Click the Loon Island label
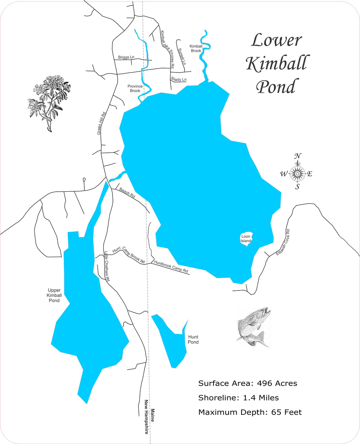pyautogui.click(x=246, y=239)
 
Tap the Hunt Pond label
pyautogui.click(x=193, y=339)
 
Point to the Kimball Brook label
pyautogui.click(x=196, y=48)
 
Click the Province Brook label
pyautogui.click(x=135, y=88)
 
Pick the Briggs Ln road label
pyautogui.click(x=126, y=57)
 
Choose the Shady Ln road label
pyautogui.click(x=179, y=80)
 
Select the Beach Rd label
pyautogui.click(x=127, y=192)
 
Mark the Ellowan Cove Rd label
pyautogui.click(x=283, y=242)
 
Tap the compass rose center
pyautogui.click(x=297, y=173)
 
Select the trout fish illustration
pyautogui.click(x=253, y=327)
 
